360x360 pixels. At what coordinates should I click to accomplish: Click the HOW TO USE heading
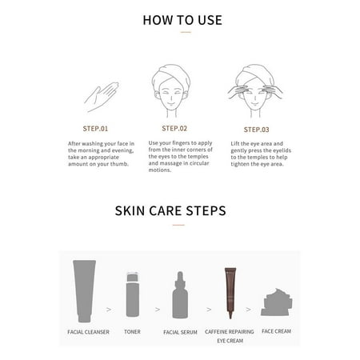click(x=182, y=19)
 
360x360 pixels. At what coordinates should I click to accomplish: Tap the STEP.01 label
click(x=101, y=128)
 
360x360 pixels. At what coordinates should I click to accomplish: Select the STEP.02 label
click(x=174, y=127)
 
